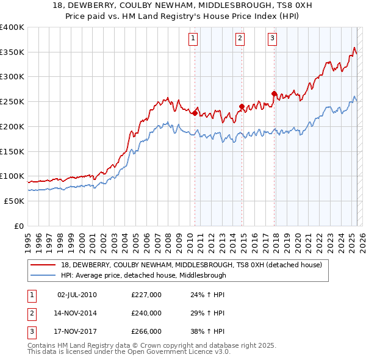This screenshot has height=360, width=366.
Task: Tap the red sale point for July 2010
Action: pyautogui.click(x=195, y=113)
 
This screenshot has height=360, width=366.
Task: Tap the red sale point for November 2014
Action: pyautogui.click(x=242, y=106)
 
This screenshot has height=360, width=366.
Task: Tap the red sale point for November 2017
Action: pyautogui.click(x=274, y=93)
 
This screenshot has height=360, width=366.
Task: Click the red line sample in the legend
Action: pyautogui.click(x=44, y=265)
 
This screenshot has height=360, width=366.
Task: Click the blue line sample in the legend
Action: pyautogui.click(x=44, y=275)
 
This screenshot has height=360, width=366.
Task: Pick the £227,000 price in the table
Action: pyautogui.click(x=146, y=295)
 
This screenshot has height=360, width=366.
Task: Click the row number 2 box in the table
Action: pyautogui.click(x=30, y=313)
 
